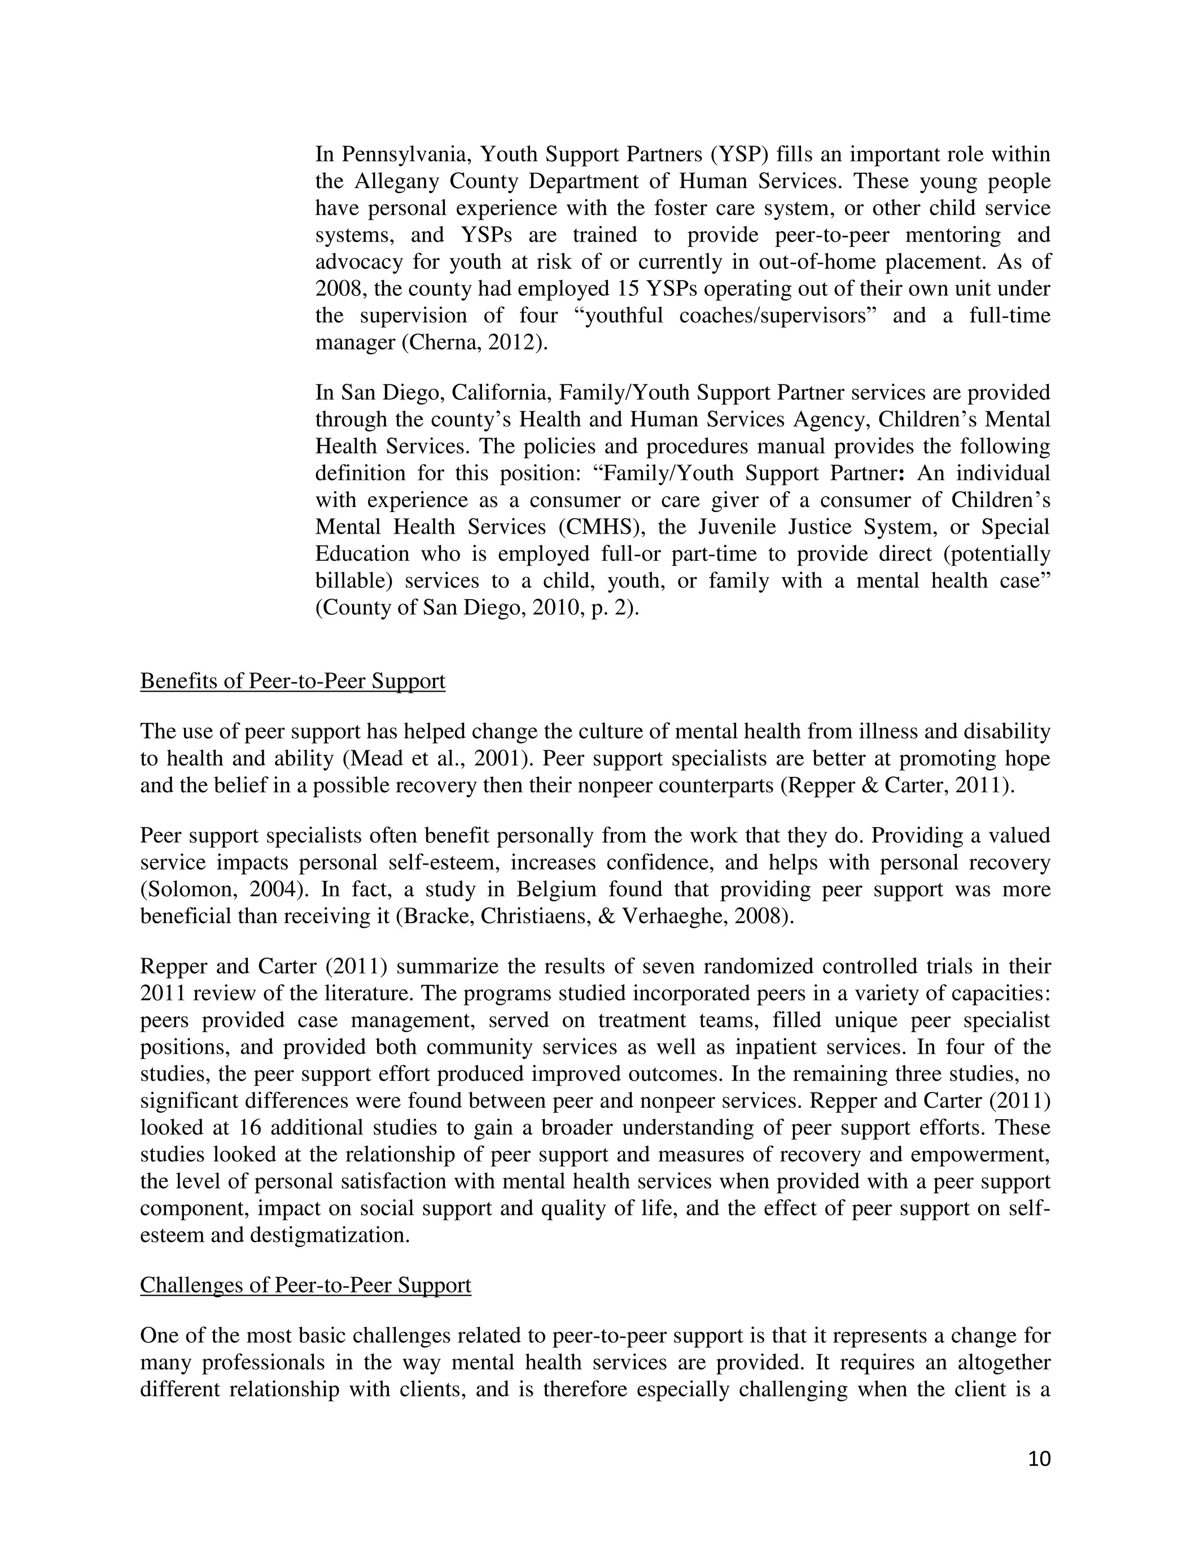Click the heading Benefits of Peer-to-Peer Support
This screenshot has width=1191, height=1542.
pyautogui.click(x=292, y=682)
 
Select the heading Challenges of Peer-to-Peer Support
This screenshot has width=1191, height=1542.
pyautogui.click(x=305, y=1285)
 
